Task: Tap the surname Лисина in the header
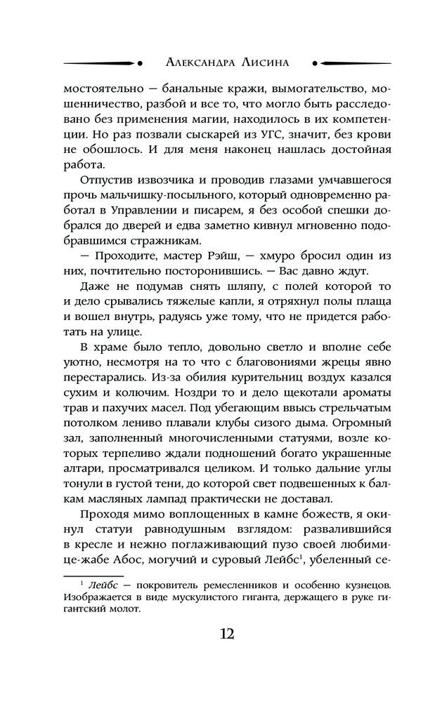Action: (273, 62)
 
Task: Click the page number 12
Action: (227, 634)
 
